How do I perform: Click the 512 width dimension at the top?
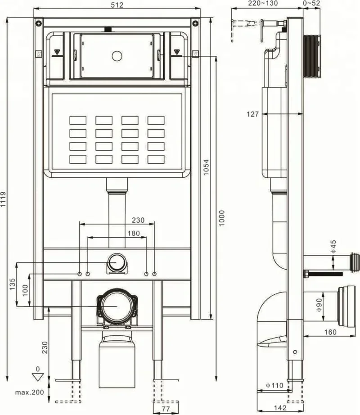click(x=117, y=5)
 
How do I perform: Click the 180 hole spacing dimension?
click(x=134, y=233)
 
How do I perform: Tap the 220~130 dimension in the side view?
click(x=263, y=4)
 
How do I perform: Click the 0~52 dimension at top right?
click(x=311, y=4)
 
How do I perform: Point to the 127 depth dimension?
click(x=253, y=114)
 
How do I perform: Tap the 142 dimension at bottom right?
click(x=280, y=408)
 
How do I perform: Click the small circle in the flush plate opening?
click(x=117, y=56)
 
